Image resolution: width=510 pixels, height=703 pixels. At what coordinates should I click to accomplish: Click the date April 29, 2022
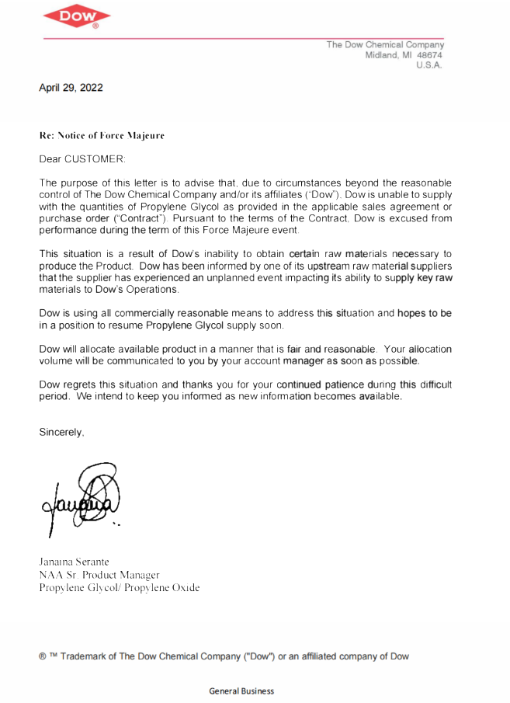click(x=71, y=88)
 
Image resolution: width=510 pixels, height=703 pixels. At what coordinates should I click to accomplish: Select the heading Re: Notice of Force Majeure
click(x=102, y=135)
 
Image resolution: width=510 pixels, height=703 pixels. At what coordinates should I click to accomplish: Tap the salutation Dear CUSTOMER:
click(x=82, y=158)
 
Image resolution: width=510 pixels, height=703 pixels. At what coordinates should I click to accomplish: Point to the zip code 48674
click(x=429, y=55)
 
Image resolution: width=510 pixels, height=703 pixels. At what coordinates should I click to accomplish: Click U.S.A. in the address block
click(x=428, y=65)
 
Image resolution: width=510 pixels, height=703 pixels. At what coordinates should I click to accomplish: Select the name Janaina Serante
click(x=75, y=561)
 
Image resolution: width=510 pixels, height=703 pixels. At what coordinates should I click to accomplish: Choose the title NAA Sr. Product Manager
click(x=99, y=575)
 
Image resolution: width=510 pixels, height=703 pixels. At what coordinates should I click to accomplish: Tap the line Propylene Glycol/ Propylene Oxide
click(x=119, y=588)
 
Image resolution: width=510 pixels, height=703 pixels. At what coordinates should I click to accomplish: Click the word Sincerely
click(x=61, y=432)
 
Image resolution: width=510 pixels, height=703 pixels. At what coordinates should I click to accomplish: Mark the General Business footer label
click(x=241, y=691)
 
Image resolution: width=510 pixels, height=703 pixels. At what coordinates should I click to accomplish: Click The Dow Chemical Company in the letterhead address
click(x=385, y=44)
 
